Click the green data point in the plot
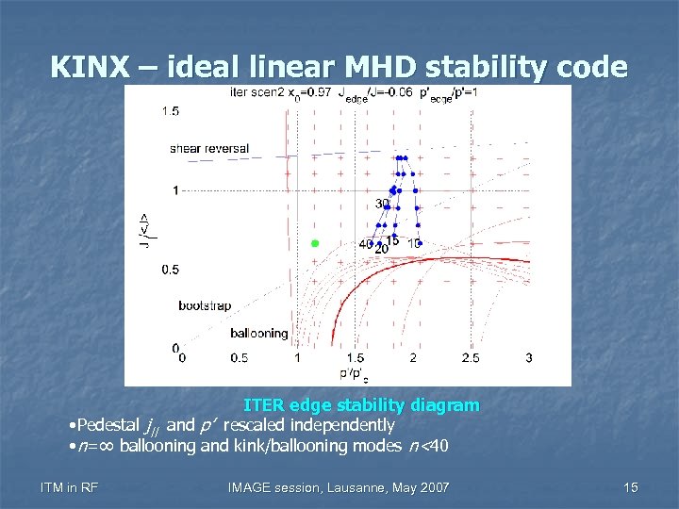point(315,243)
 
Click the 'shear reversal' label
point(209,148)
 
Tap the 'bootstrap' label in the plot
point(205,306)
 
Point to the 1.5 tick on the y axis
point(171,111)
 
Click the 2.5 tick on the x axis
point(471,358)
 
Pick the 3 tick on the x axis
point(529,358)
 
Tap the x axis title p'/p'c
point(355,373)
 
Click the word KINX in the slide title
point(91,67)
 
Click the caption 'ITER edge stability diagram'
point(361,405)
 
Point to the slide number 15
point(631,486)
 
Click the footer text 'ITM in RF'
point(70,486)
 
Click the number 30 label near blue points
point(383,204)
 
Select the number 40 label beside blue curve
point(366,244)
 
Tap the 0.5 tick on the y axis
point(171,271)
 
